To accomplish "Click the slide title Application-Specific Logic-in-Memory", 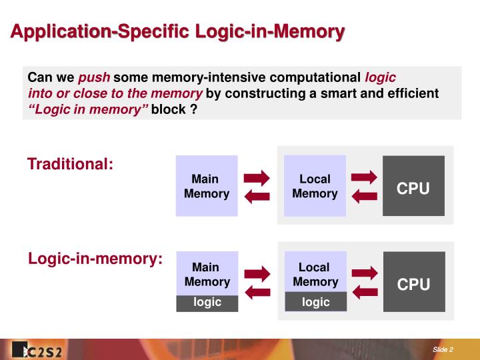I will pyautogui.click(x=177, y=31).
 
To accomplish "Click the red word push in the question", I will pyautogui.click(x=94, y=77).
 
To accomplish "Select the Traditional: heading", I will pyautogui.click(x=70, y=163).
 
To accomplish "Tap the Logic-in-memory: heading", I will pyautogui.click(x=95, y=259).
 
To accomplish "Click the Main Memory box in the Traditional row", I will pyautogui.click(x=207, y=186).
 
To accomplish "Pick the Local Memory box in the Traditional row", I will pyautogui.click(x=315, y=186).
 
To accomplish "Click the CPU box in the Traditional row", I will pyautogui.click(x=413, y=186).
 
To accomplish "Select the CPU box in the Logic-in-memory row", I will pyautogui.click(x=413, y=281).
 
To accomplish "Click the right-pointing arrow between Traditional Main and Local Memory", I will pyautogui.click(x=257, y=177).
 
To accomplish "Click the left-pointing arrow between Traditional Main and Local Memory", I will pyautogui.click(x=257, y=196).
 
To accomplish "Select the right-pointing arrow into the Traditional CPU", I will pyautogui.click(x=364, y=177).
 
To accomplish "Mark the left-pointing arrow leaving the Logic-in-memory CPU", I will pyautogui.click(x=365, y=291).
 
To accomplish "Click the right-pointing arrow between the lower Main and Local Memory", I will pyautogui.click(x=257, y=273).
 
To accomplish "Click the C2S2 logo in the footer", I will pyautogui.click(x=37, y=350).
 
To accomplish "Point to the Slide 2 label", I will pyautogui.click(x=443, y=350).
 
